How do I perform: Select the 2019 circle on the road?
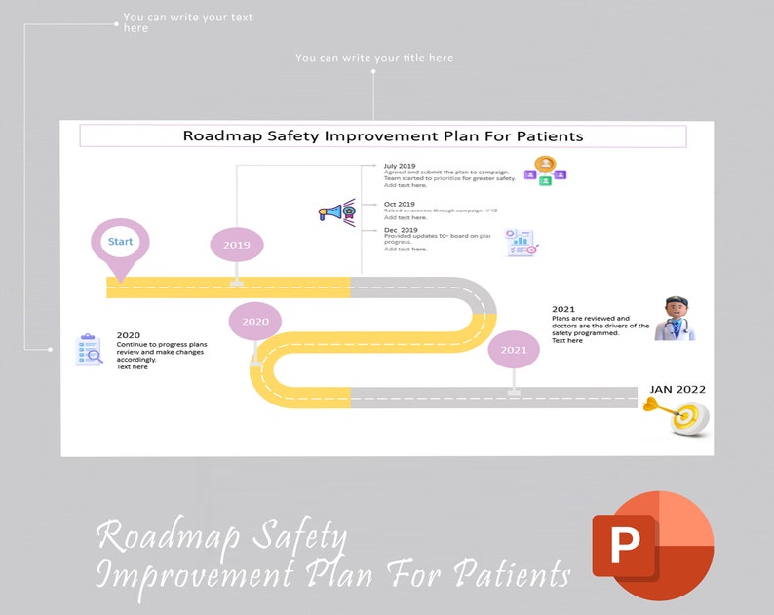tap(237, 245)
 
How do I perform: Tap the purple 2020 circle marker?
tap(255, 321)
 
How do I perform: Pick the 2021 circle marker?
tap(514, 349)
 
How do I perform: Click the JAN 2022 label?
tap(677, 389)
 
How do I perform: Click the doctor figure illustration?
tap(674, 319)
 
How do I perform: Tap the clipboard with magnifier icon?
tap(89, 350)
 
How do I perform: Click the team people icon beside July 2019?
tap(546, 171)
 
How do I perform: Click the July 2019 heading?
tap(400, 167)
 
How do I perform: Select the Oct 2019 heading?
tap(399, 205)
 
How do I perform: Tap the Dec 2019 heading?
tap(400, 230)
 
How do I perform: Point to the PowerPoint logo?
tap(652, 545)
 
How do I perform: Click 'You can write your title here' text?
tap(374, 58)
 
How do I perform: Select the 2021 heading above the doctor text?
tap(563, 309)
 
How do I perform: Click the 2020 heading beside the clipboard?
tap(128, 335)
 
